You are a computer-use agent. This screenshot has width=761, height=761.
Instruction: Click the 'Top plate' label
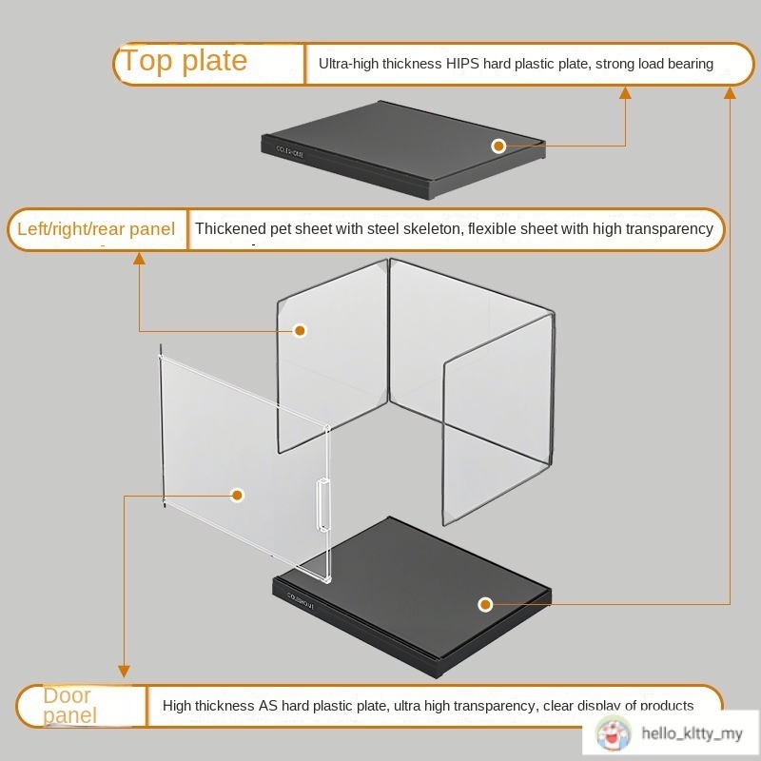click(x=184, y=62)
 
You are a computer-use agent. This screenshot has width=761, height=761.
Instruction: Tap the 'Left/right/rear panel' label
click(x=96, y=229)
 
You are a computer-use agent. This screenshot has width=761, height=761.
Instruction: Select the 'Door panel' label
click(x=68, y=705)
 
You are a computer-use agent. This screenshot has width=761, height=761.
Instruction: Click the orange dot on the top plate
click(x=498, y=146)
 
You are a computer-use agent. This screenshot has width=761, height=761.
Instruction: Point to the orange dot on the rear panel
click(x=300, y=330)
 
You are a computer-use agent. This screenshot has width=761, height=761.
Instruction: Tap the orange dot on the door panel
click(x=238, y=495)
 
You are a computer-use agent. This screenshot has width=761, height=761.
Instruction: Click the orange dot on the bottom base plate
click(x=485, y=604)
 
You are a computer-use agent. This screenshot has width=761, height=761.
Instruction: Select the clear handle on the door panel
click(x=323, y=505)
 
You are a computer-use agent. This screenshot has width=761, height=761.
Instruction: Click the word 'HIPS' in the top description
click(x=464, y=64)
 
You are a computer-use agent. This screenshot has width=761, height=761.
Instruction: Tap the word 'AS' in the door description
click(x=269, y=706)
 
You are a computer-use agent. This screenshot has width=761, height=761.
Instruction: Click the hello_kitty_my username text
click(x=692, y=733)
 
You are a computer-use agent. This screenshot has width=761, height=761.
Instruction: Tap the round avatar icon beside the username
click(x=614, y=733)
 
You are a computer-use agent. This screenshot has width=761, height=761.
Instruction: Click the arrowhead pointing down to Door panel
click(x=123, y=670)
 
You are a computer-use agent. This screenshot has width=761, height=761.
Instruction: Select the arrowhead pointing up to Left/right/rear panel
click(x=139, y=258)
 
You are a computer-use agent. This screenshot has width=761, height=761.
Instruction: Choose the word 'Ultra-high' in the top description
click(x=349, y=64)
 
